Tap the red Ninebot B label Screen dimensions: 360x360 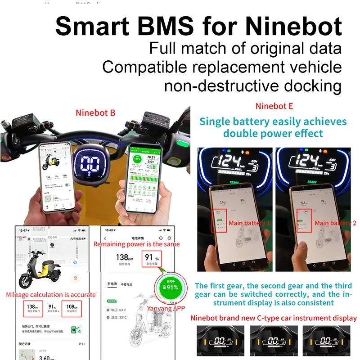95,113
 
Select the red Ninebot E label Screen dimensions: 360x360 274,107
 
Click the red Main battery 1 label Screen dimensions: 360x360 250,223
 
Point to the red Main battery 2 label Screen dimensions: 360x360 335,223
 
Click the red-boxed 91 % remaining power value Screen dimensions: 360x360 151,259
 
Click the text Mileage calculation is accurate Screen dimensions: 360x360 51,295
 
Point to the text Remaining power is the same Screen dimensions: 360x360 136,244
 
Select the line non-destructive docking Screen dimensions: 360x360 252,85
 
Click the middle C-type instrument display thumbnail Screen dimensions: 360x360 274,342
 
